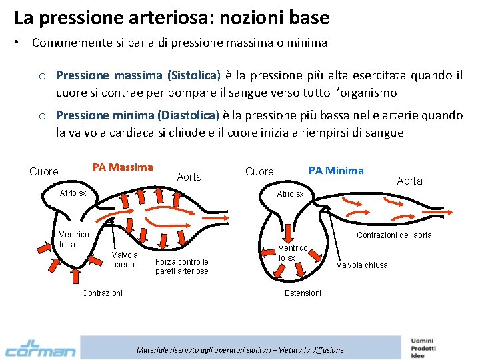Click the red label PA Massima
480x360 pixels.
click(123, 167)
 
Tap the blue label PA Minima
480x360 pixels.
click(336, 170)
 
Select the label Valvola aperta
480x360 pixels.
click(125, 259)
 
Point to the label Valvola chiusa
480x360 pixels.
click(361, 265)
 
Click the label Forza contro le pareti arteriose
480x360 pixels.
click(181, 266)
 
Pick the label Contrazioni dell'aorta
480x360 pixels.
click(394, 235)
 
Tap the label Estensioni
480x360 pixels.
click(303, 293)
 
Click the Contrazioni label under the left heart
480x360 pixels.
click(101, 293)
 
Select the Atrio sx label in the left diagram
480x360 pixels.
click(73, 193)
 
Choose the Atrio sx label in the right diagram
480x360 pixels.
click(290, 193)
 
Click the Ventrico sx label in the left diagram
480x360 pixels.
click(73, 239)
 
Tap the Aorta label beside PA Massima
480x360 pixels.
click(189, 177)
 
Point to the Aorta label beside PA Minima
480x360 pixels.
click(409, 181)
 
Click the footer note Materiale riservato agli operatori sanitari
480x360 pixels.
click(240, 350)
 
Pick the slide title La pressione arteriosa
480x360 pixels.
click(171, 17)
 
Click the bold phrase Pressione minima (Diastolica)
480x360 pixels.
click(137, 115)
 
